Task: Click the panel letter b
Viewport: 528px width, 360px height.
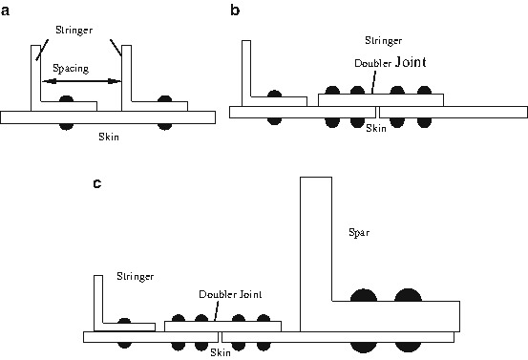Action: [x=235, y=11]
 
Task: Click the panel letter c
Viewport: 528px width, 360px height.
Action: [x=97, y=182]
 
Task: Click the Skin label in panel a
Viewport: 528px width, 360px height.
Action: [x=110, y=136]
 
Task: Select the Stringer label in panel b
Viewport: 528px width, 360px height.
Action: [x=384, y=41]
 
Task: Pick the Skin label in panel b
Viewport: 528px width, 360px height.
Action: [x=377, y=127]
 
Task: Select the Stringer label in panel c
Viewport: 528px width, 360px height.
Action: [x=135, y=276]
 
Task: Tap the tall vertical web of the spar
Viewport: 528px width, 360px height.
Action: [x=315, y=239]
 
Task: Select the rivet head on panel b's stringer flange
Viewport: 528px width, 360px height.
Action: [x=274, y=96]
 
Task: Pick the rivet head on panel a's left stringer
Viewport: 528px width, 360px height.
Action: [x=66, y=98]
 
